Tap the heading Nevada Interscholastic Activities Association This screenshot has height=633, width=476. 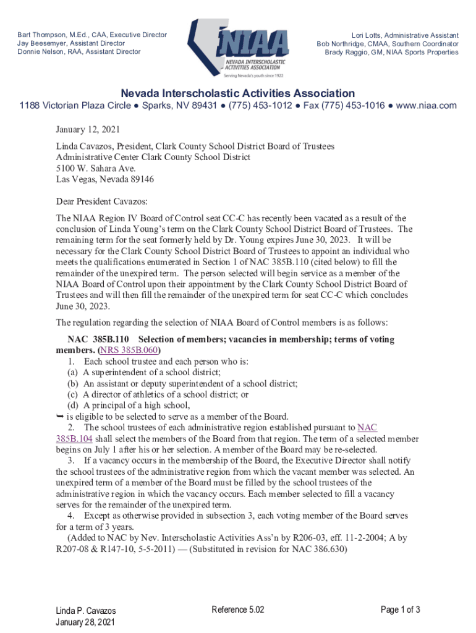coord(237,93)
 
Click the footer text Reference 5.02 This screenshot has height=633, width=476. coord(238,610)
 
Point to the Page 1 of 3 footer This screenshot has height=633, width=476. coord(401,610)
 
